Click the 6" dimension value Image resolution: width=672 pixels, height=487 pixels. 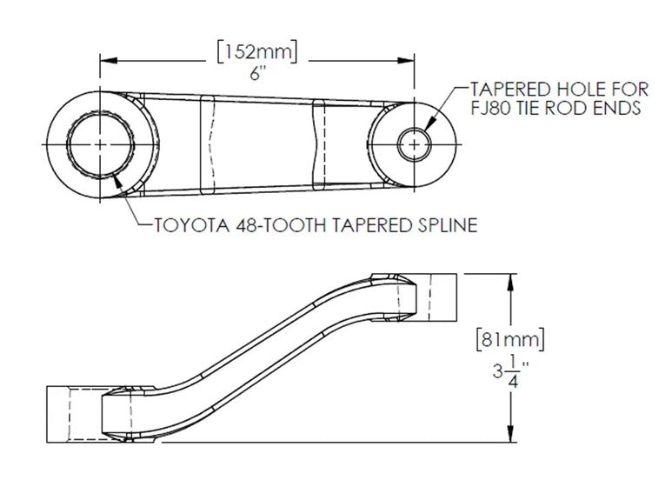coord(256,76)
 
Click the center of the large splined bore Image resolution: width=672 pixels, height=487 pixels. coord(101,143)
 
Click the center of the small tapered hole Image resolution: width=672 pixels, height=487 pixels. coord(414,143)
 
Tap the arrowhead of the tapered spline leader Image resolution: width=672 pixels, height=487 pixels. coord(116,179)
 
